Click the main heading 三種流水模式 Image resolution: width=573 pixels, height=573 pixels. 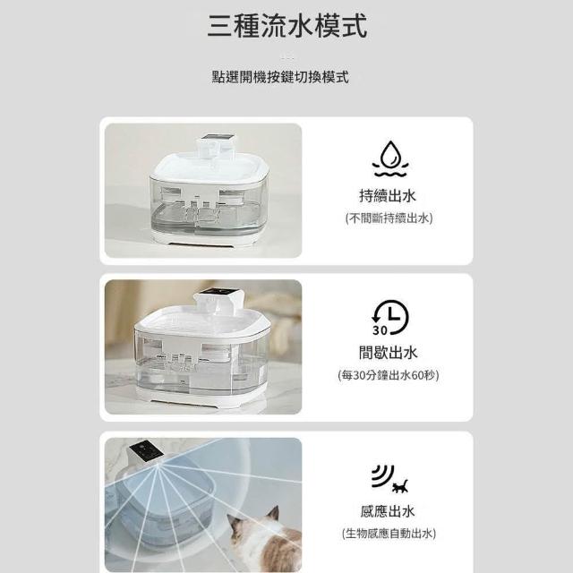286,26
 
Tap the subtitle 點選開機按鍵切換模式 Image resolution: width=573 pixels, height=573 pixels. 280,77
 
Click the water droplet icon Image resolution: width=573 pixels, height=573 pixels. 390,158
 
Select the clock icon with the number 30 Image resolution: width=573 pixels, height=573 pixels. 390,317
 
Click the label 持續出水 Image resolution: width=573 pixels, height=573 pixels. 388,196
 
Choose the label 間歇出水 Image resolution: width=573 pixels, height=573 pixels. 388,353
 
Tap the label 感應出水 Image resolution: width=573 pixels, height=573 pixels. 388,511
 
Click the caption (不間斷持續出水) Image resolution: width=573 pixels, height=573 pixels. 389,218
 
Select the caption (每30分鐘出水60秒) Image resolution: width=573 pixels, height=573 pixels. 389,375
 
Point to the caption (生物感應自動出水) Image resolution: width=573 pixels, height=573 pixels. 389,534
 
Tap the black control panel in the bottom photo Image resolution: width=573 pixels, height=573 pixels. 146,450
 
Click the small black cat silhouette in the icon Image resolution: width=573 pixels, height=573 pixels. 400,486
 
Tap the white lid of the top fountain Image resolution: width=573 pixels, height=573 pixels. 211,167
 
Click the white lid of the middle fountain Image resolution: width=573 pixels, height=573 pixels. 203,321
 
